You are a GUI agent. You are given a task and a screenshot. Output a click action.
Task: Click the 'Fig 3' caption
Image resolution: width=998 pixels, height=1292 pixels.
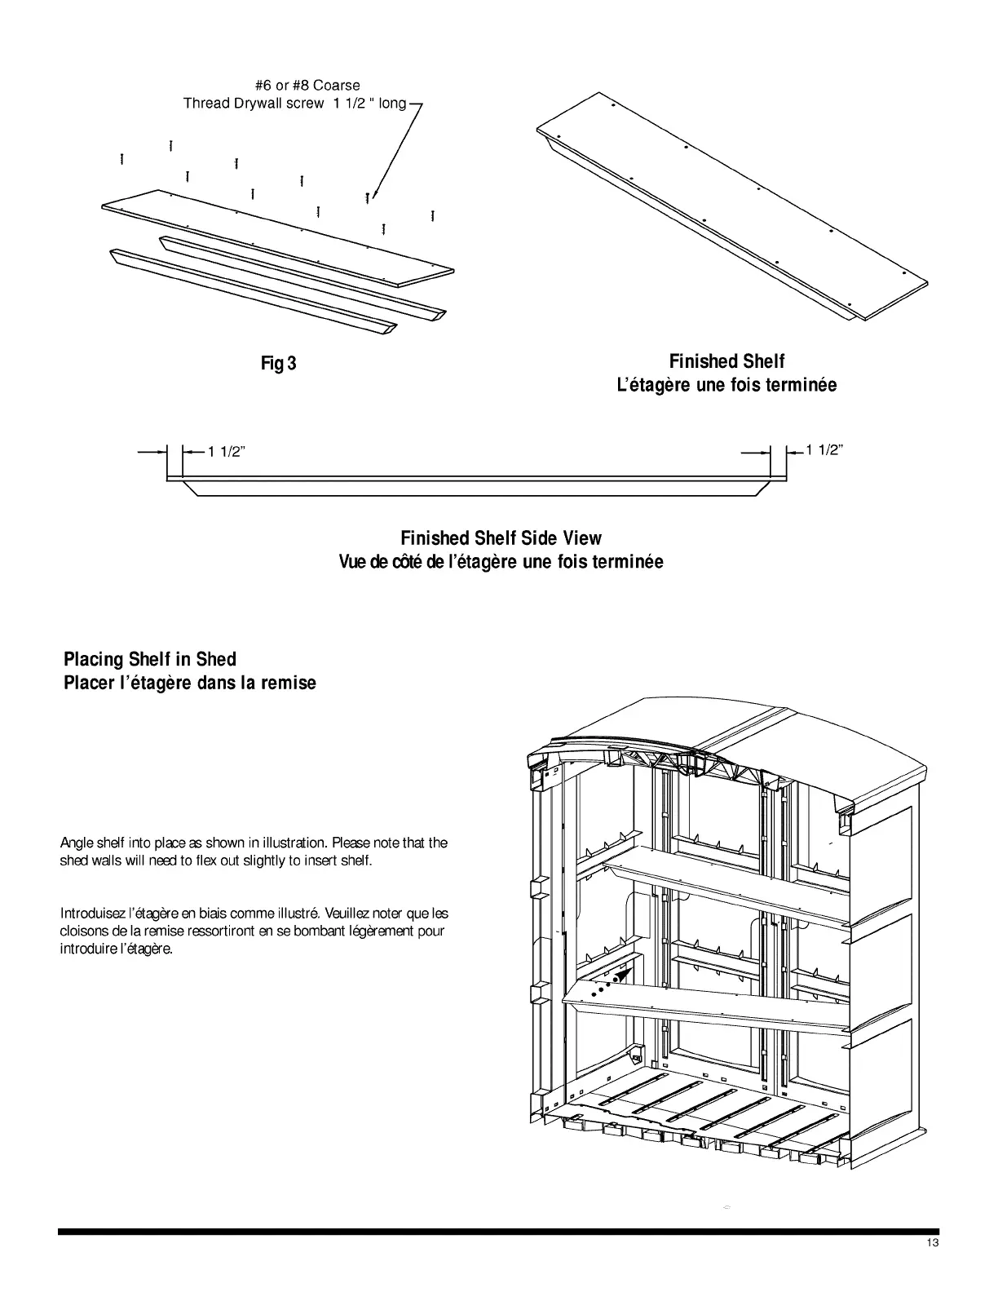278,363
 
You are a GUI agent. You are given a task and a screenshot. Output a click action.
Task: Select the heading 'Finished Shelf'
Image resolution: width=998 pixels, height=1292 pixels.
726,361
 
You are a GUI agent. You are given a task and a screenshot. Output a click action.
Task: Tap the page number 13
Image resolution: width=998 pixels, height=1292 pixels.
933,1266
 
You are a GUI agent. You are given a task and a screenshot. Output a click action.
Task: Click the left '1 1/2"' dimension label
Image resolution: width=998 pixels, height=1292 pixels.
226,453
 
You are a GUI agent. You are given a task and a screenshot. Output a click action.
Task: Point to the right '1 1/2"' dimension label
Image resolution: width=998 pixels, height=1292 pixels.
824,449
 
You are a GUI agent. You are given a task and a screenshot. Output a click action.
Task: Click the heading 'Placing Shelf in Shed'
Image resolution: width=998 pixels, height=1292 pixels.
150,659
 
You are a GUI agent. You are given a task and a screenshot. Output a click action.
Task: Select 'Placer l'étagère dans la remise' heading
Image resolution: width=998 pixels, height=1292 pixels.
190,683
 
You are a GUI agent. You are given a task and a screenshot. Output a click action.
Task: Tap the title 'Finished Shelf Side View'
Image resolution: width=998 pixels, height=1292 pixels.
501,538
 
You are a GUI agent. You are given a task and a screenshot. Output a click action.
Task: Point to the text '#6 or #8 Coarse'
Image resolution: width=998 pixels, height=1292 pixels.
307,85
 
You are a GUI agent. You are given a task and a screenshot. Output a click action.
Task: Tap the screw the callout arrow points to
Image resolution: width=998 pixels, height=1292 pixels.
368,197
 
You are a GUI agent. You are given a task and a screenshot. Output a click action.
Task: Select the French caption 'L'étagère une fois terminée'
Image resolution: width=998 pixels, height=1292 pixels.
726,385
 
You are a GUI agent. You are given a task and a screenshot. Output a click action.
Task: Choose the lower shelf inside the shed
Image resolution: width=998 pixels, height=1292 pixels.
701,1007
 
